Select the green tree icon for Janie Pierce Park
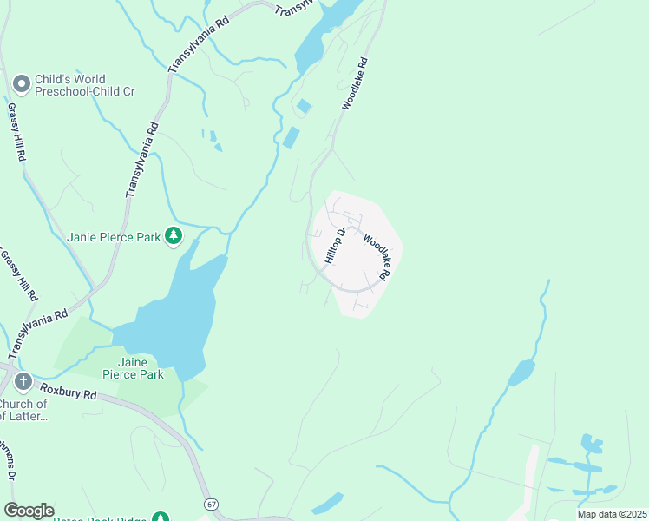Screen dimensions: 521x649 pos(174,235)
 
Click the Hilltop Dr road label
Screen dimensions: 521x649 pos(336,246)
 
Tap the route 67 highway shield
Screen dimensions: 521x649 pos(211,504)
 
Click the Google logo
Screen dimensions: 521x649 pos(29,511)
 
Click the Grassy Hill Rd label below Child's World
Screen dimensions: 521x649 pos(15,132)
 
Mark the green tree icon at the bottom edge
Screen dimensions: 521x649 pos(160,517)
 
